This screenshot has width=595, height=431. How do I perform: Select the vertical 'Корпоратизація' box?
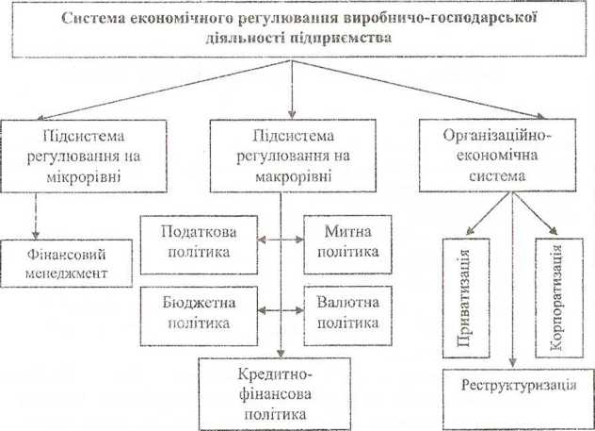(x=556, y=297)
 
